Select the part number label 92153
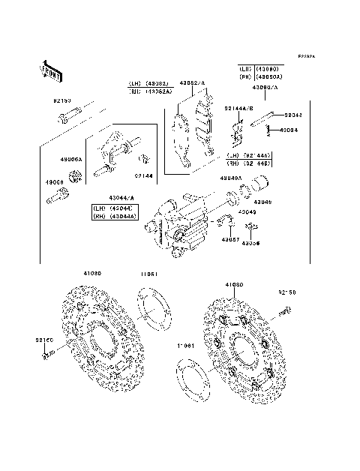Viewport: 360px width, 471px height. [x=62, y=99]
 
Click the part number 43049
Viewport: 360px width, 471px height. [x=248, y=212]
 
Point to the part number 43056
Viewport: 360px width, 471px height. [x=259, y=244]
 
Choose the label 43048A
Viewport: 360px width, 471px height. [x=231, y=178]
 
